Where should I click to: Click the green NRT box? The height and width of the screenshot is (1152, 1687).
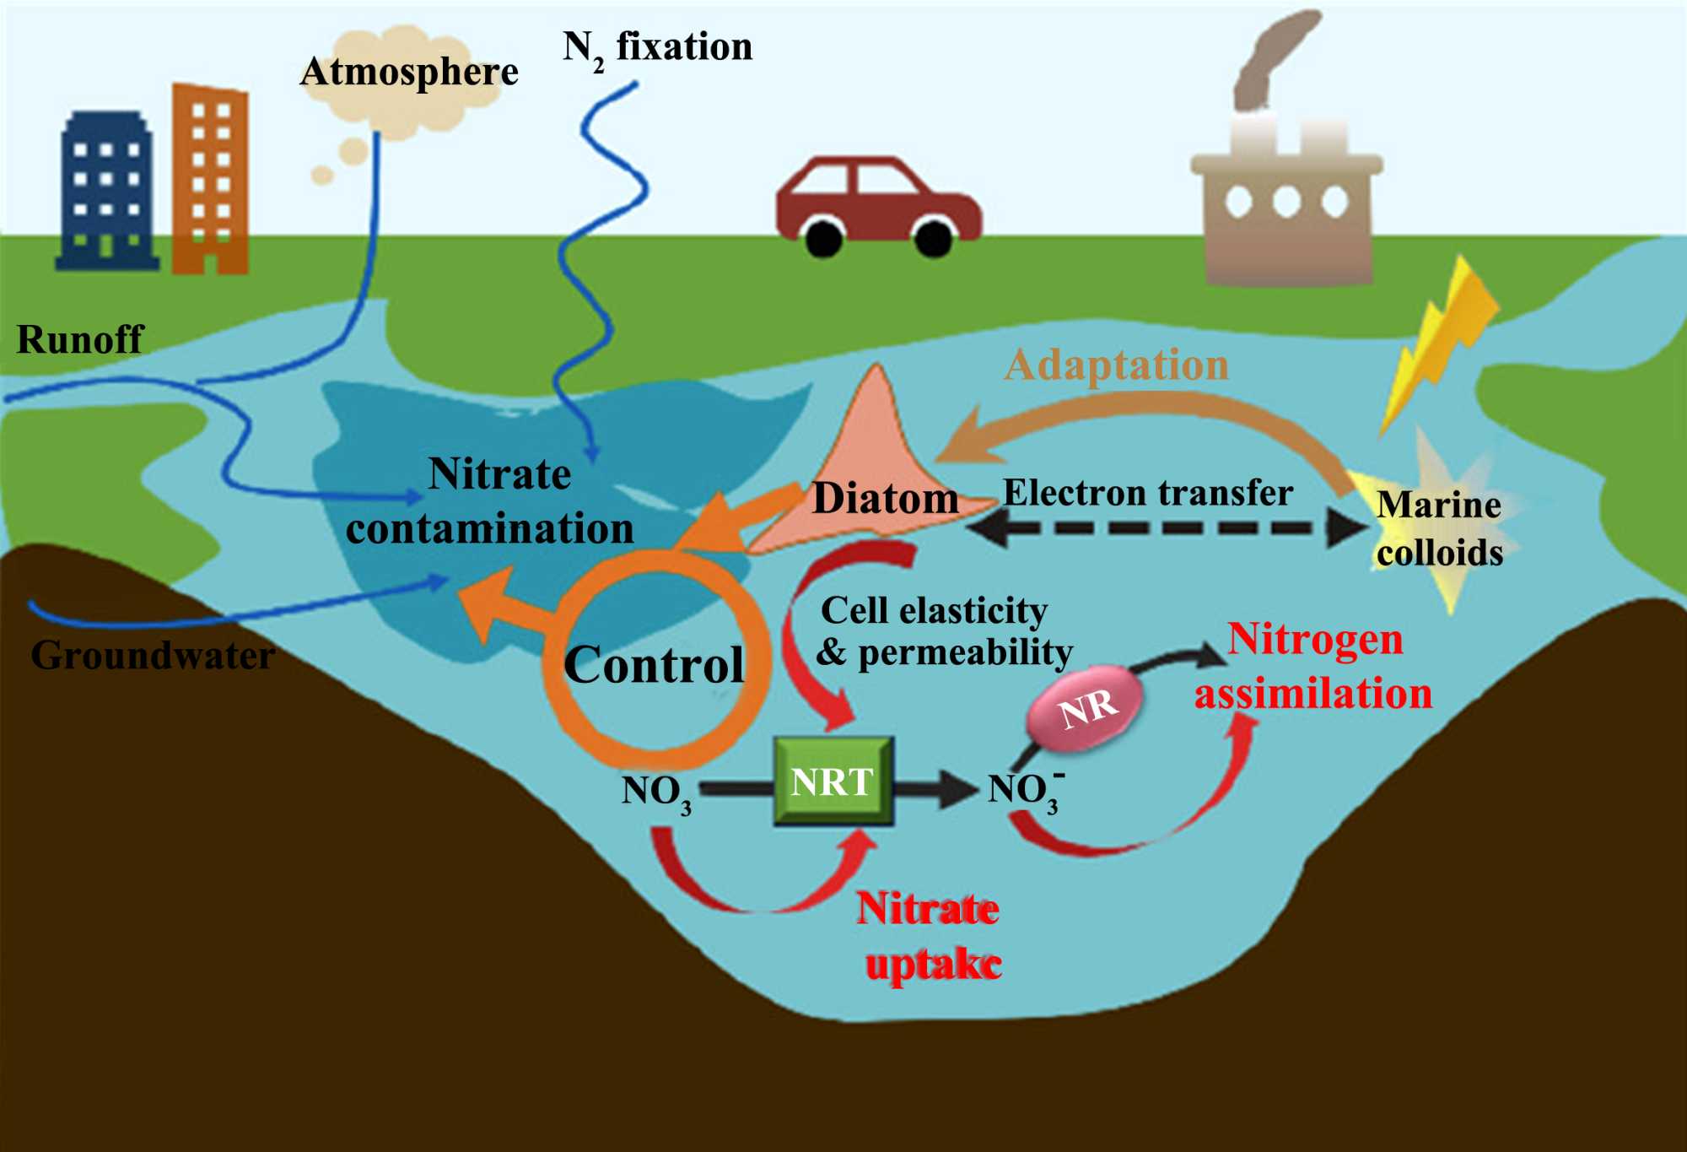point(833,782)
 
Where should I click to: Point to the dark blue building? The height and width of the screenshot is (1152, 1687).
point(107,192)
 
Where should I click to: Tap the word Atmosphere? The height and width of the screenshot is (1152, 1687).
point(409,72)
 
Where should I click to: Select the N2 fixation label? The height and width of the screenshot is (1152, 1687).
point(658,48)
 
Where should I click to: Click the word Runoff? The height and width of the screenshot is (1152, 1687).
point(80,339)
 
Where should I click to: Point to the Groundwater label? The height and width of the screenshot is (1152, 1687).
point(153,655)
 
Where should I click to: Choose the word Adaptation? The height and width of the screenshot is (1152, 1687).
point(1116,365)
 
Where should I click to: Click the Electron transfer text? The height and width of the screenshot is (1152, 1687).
point(1147,493)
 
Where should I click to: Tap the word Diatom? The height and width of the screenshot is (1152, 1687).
point(885,498)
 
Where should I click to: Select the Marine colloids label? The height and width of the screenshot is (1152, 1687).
point(1439,528)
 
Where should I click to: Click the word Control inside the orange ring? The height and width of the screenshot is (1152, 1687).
point(654,665)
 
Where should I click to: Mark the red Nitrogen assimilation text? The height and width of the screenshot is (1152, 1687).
point(1313,667)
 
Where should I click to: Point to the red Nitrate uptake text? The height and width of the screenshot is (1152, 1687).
point(930,937)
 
